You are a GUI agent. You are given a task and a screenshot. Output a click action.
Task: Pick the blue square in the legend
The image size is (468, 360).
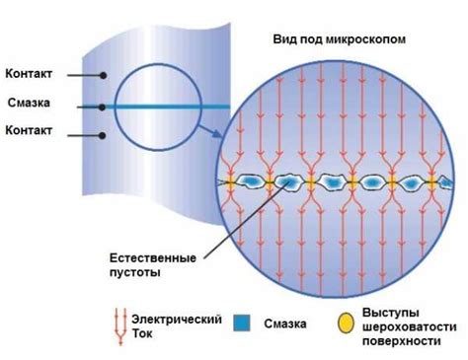click(x=241, y=322)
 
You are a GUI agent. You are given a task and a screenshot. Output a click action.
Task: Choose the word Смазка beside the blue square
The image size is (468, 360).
click(x=282, y=323)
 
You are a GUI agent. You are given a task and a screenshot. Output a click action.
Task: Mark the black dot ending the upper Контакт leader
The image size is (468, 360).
click(x=101, y=74)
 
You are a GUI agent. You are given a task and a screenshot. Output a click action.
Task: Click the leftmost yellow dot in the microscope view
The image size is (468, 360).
click(x=230, y=183)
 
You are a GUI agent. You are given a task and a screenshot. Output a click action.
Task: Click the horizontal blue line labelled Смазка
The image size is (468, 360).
click(x=168, y=104)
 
